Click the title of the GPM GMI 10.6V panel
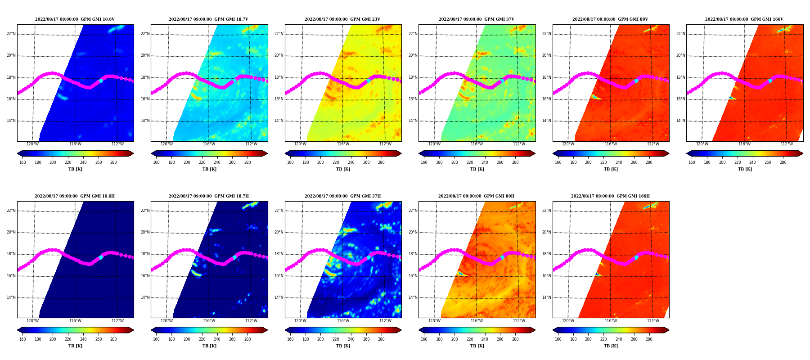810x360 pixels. (75, 19)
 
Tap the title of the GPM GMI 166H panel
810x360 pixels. (610, 196)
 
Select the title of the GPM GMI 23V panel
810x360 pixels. (342, 19)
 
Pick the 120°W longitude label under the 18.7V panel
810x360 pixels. (166, 144)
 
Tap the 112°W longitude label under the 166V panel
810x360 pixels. (787, 144)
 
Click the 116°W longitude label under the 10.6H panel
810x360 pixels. (75, 321)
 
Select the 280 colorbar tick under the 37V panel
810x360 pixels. (515, 162)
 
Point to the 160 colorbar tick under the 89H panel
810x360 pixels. (424, 339)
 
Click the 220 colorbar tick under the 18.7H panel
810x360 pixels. (202, 339)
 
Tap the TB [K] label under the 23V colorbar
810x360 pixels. (343, 169)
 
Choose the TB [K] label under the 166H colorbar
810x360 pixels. (611, 346)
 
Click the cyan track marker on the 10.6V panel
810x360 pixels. (101, 81)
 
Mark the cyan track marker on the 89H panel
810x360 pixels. (502, 257)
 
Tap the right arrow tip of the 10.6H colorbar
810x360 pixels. (134, 330)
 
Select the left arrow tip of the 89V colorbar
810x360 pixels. (553, 153)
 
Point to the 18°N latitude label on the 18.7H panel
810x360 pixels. (145, 254)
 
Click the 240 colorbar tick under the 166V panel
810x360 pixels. (752, 162)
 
